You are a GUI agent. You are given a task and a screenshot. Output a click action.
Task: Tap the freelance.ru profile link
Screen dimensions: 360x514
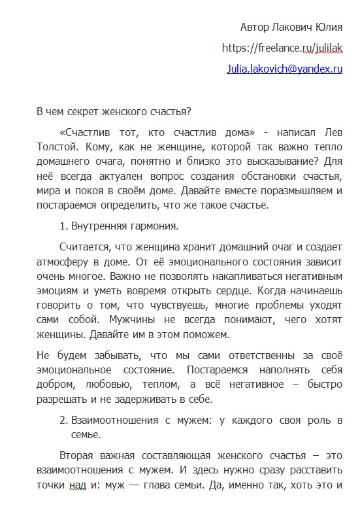(282, 48)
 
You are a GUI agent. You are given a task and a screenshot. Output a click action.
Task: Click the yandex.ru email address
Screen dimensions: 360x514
(284, 68)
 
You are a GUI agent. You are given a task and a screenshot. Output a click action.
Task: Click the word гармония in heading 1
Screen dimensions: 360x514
(154, 227)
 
